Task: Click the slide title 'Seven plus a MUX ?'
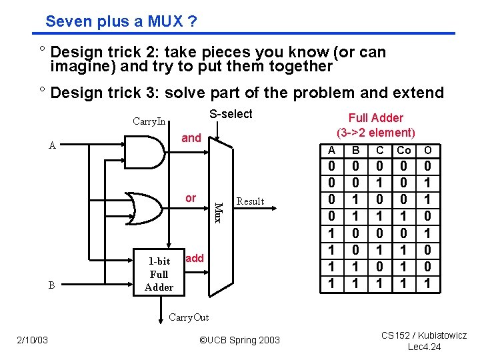[121, 21]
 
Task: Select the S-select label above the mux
[231, 114]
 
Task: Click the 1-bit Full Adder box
[159, 274]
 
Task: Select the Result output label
[251, 201]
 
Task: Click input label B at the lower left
[52, 285]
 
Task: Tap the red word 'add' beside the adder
[195, 258]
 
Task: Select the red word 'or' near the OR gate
[191, 198]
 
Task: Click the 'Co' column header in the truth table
[404, 150]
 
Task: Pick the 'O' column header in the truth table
[428, 150]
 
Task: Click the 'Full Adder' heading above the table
[376, 118]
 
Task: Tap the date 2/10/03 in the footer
[33, 341]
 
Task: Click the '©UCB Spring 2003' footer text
[240, 341]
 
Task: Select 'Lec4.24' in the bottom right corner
[424, 347]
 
